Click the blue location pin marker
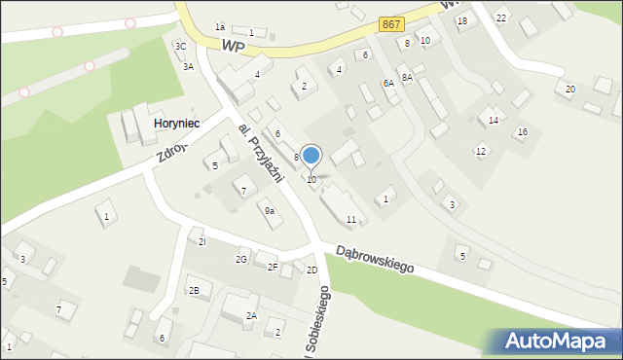[x=311, y=157]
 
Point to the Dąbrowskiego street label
[x=376, y=257]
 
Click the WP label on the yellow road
[x=234, y=45]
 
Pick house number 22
[x=501, y=18]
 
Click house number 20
[x=570, y=89]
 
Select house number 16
[x=523, y=131]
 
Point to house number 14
[x=494, y=120]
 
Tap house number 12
[x=481, y=151]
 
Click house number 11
[x=350, y=219]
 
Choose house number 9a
[x=269, y=210]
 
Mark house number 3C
[x=180, y=46]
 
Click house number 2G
[x=240, y=259]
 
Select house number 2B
[x=194, y=290]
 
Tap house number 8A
[x=407, y=76]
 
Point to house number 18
[x=462, y=20]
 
